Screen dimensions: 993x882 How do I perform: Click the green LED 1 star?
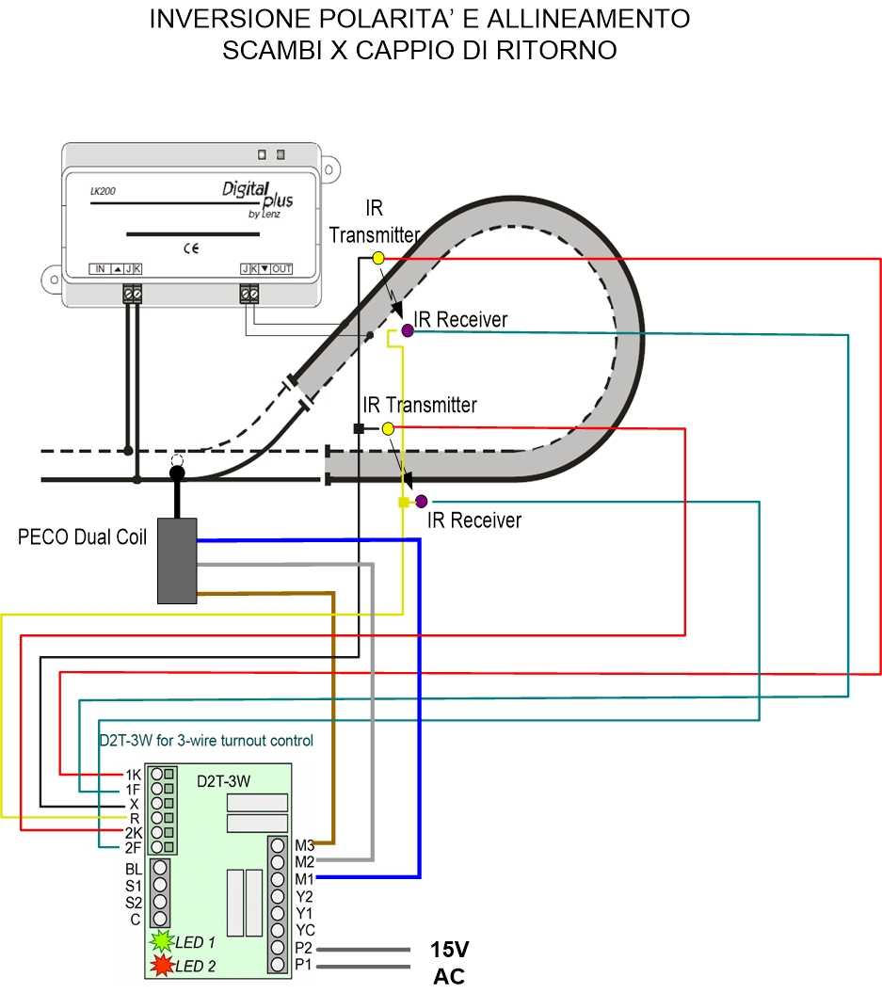(x=161, y=940)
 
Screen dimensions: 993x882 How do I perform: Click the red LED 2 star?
(x=161, y=965)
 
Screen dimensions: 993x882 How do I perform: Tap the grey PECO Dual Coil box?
(x=176, y=560)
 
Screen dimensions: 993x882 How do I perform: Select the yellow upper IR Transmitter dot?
(x=378, y=257)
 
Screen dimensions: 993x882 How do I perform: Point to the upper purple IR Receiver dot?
(x=408, y=330)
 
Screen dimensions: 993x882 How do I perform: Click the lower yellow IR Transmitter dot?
(x=388, y=428)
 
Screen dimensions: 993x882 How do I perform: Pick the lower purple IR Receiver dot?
(x=422, y=501)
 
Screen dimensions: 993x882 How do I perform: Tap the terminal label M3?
(x=304, y=844)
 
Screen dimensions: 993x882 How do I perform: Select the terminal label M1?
(x=304, y=878)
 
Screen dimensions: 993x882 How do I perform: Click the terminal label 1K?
(x=133, y=774)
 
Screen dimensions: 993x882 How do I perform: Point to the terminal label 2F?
(x=133, y=848)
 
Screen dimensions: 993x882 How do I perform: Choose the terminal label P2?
(x=303, y=947)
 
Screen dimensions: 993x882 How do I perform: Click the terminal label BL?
(x=134, y=869)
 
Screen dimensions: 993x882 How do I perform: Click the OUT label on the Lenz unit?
(x=282, y=269)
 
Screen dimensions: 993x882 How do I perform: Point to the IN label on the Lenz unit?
(x=100, y=269)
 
